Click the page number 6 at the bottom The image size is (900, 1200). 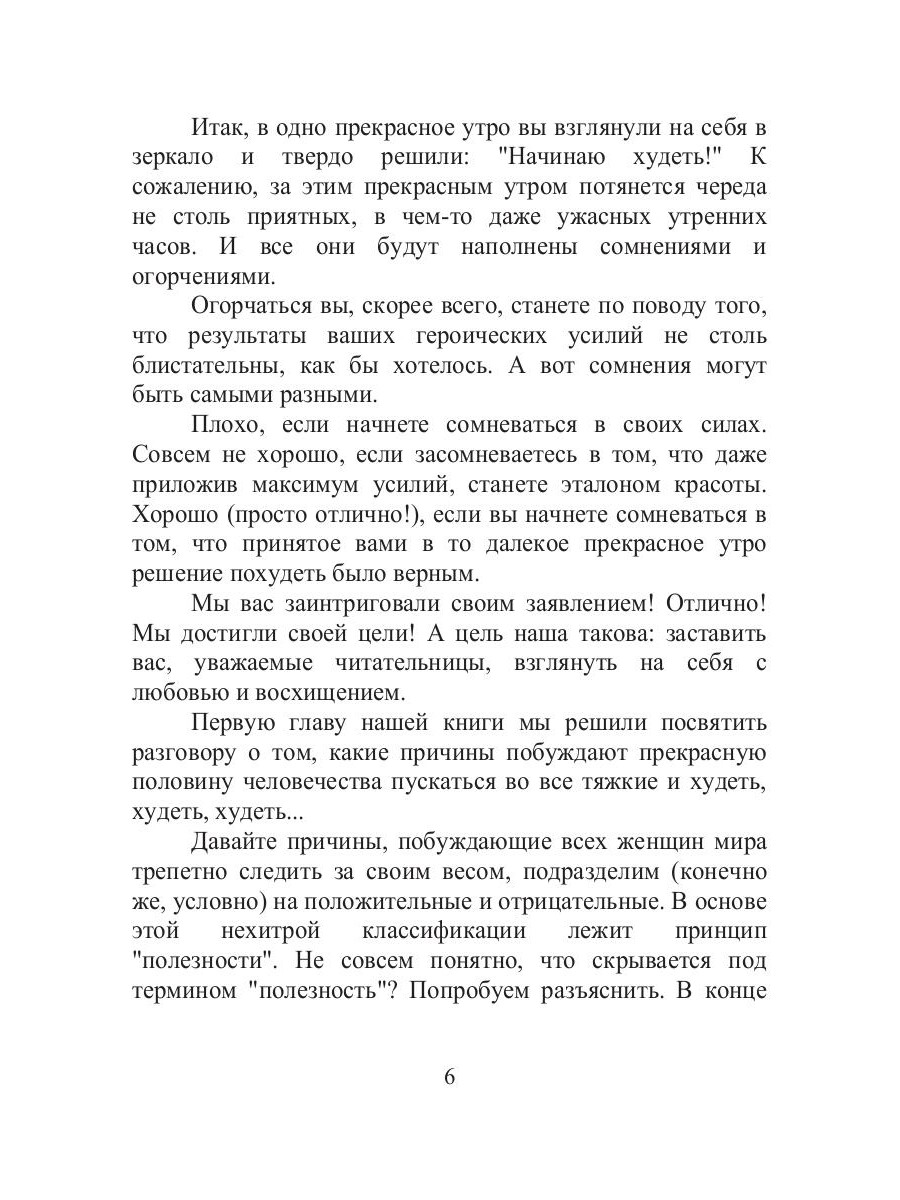point(449,1077)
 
